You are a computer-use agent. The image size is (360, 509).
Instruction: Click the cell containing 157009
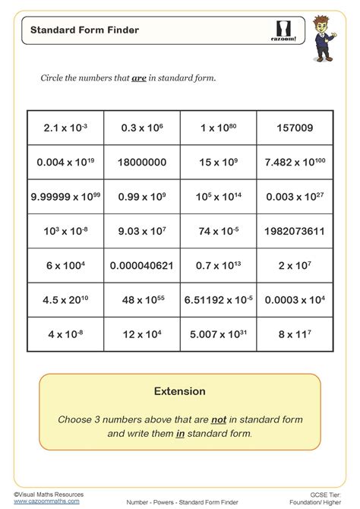pyautogui.click(x=295, y=128)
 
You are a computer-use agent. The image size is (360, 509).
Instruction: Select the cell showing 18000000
pyautogui.click(x=141, y=162)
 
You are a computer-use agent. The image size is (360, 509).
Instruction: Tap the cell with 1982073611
pyautogui.click(x=295, y=230)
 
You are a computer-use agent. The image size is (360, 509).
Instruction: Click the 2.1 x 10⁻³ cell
pyautogui.click(x=65, y=128)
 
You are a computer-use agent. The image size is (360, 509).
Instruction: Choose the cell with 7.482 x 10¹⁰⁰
pyautogui.click(x=295, y=162)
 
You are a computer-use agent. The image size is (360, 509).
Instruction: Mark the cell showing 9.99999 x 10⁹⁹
pyautogui.click(x=65, y=196)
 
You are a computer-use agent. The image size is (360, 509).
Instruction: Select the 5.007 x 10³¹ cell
pyautogui.click(x=219, y=333)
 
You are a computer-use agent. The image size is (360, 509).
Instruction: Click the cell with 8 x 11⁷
pyautogui.click(x=295, y=333)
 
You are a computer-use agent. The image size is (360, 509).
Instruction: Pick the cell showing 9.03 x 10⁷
pyautogui.click(x=141, y=230)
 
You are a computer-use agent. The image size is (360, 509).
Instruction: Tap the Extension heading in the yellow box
pyautogui.click(x=180, y=392)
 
